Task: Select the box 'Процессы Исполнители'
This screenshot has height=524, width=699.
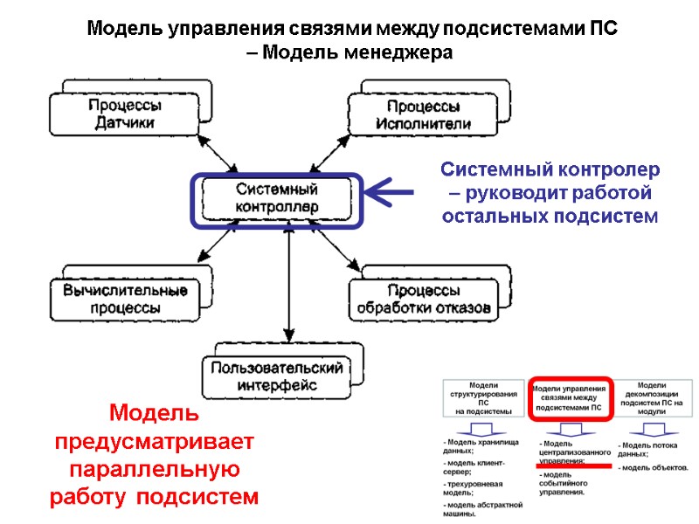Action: pyautogui.click(x=423, y=114)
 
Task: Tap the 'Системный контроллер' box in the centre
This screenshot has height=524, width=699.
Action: pyautogui.click(x=276, y=199)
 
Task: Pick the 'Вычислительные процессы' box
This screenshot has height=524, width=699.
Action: pyautogui.click(x=123, y=299)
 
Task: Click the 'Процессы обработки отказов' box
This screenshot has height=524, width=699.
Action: pyautogui.click(x=423, y=299)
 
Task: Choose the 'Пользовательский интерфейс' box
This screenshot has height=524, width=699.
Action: pyautogui.click(x=276, y=376)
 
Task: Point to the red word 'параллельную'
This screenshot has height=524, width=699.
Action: pyautogui.click(x=155, y=469)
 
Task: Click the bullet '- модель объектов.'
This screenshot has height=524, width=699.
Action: pyautogui.click(x=654, y=468)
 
